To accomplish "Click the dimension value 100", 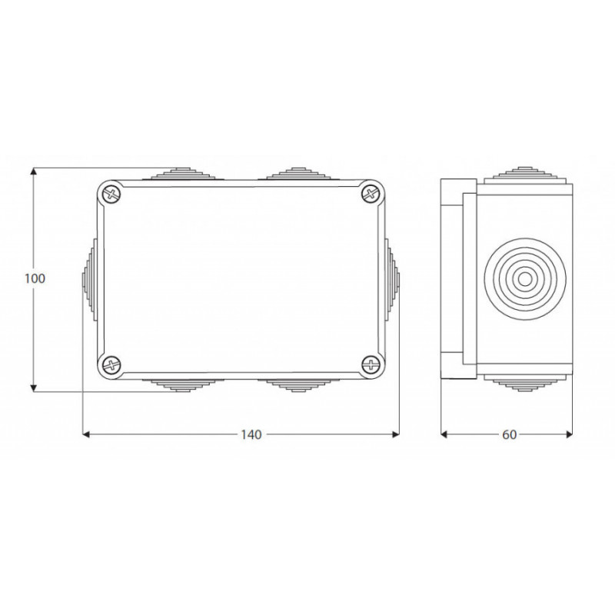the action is [35, 278].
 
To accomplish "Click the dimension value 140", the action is [251, 434].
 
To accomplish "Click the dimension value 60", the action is [510, 434].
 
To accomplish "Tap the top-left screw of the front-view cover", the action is [112, 193].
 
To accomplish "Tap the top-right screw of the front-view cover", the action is [370, 193].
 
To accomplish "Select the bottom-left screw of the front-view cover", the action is [112, 365].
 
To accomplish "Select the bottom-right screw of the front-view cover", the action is [370, 365].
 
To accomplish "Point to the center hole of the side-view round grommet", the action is [525, 279].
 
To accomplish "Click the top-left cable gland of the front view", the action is [183, 174].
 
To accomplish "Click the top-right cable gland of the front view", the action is [299, 174].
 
